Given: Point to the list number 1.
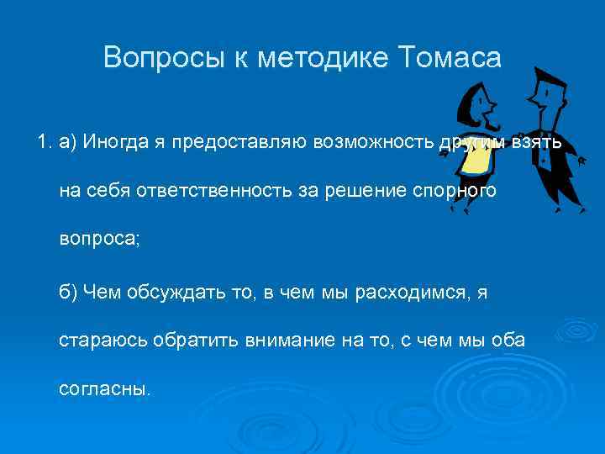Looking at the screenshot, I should pos(45,142).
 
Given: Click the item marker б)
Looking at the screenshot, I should pos(67,291).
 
